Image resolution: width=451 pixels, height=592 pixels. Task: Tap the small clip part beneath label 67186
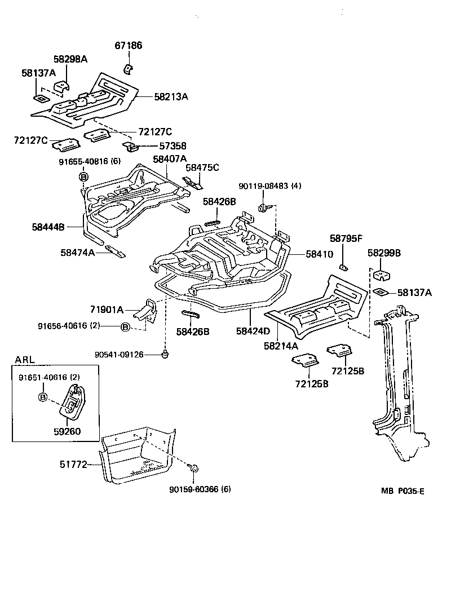tap(128, 69)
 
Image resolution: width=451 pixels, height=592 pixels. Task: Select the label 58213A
tap(171, 96)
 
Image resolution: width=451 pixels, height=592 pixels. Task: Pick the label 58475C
tap(202, 167)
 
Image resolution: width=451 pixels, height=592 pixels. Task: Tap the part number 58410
tap(320, 255)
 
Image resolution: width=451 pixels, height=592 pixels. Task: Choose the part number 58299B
tap(384, 254)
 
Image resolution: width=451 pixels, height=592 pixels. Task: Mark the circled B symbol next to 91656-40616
tap(126, 326)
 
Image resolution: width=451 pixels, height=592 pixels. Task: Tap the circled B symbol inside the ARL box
tap(42, 397)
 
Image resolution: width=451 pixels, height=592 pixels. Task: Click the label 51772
tap(73, 465)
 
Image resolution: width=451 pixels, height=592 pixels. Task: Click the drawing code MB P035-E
tap(402, 491)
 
